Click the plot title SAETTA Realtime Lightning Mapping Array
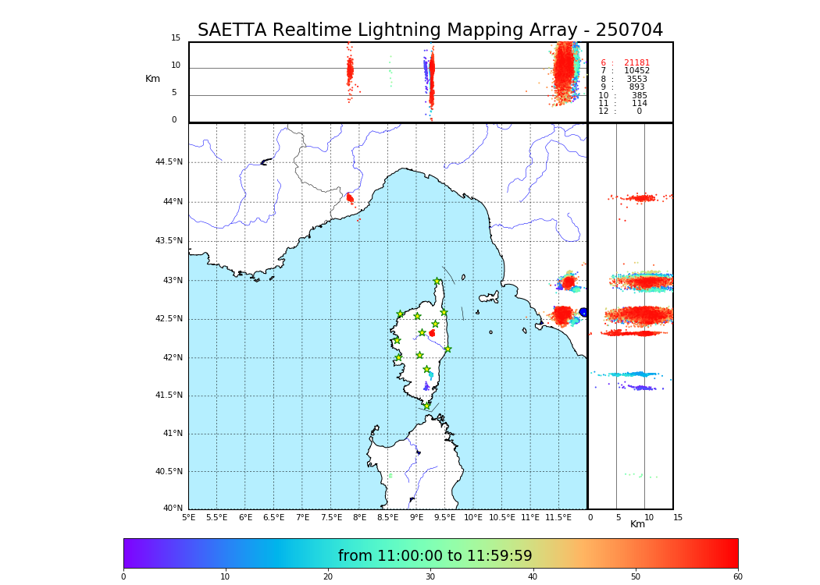tap(430, 30)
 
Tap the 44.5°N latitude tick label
tap(169, 162)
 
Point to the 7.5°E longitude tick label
tap(331, 517)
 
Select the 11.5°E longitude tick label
tap(558, 517)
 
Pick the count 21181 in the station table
tap(636, 63)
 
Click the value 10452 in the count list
tap(636, 71)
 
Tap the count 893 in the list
tap(636, 87)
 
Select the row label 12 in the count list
tap(603, 112)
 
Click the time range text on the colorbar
tap(435, 556)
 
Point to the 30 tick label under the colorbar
tap(430, 576)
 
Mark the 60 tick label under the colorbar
tap(737, 576)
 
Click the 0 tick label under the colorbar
tap(123, 576)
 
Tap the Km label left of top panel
tap(152, 79)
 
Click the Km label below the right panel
tap(637, 524)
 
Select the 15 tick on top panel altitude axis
tap(176, 38)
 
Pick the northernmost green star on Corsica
tap(437, 281)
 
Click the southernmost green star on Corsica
tap(426, 406)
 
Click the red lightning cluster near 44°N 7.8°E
tap(350, 198)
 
